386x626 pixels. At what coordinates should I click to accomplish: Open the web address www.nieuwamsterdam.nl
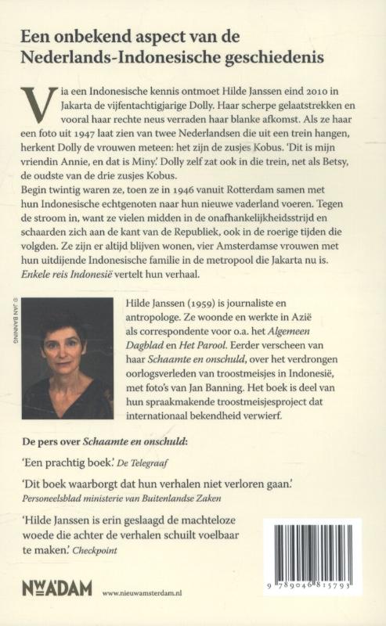click(x=150, y=593)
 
